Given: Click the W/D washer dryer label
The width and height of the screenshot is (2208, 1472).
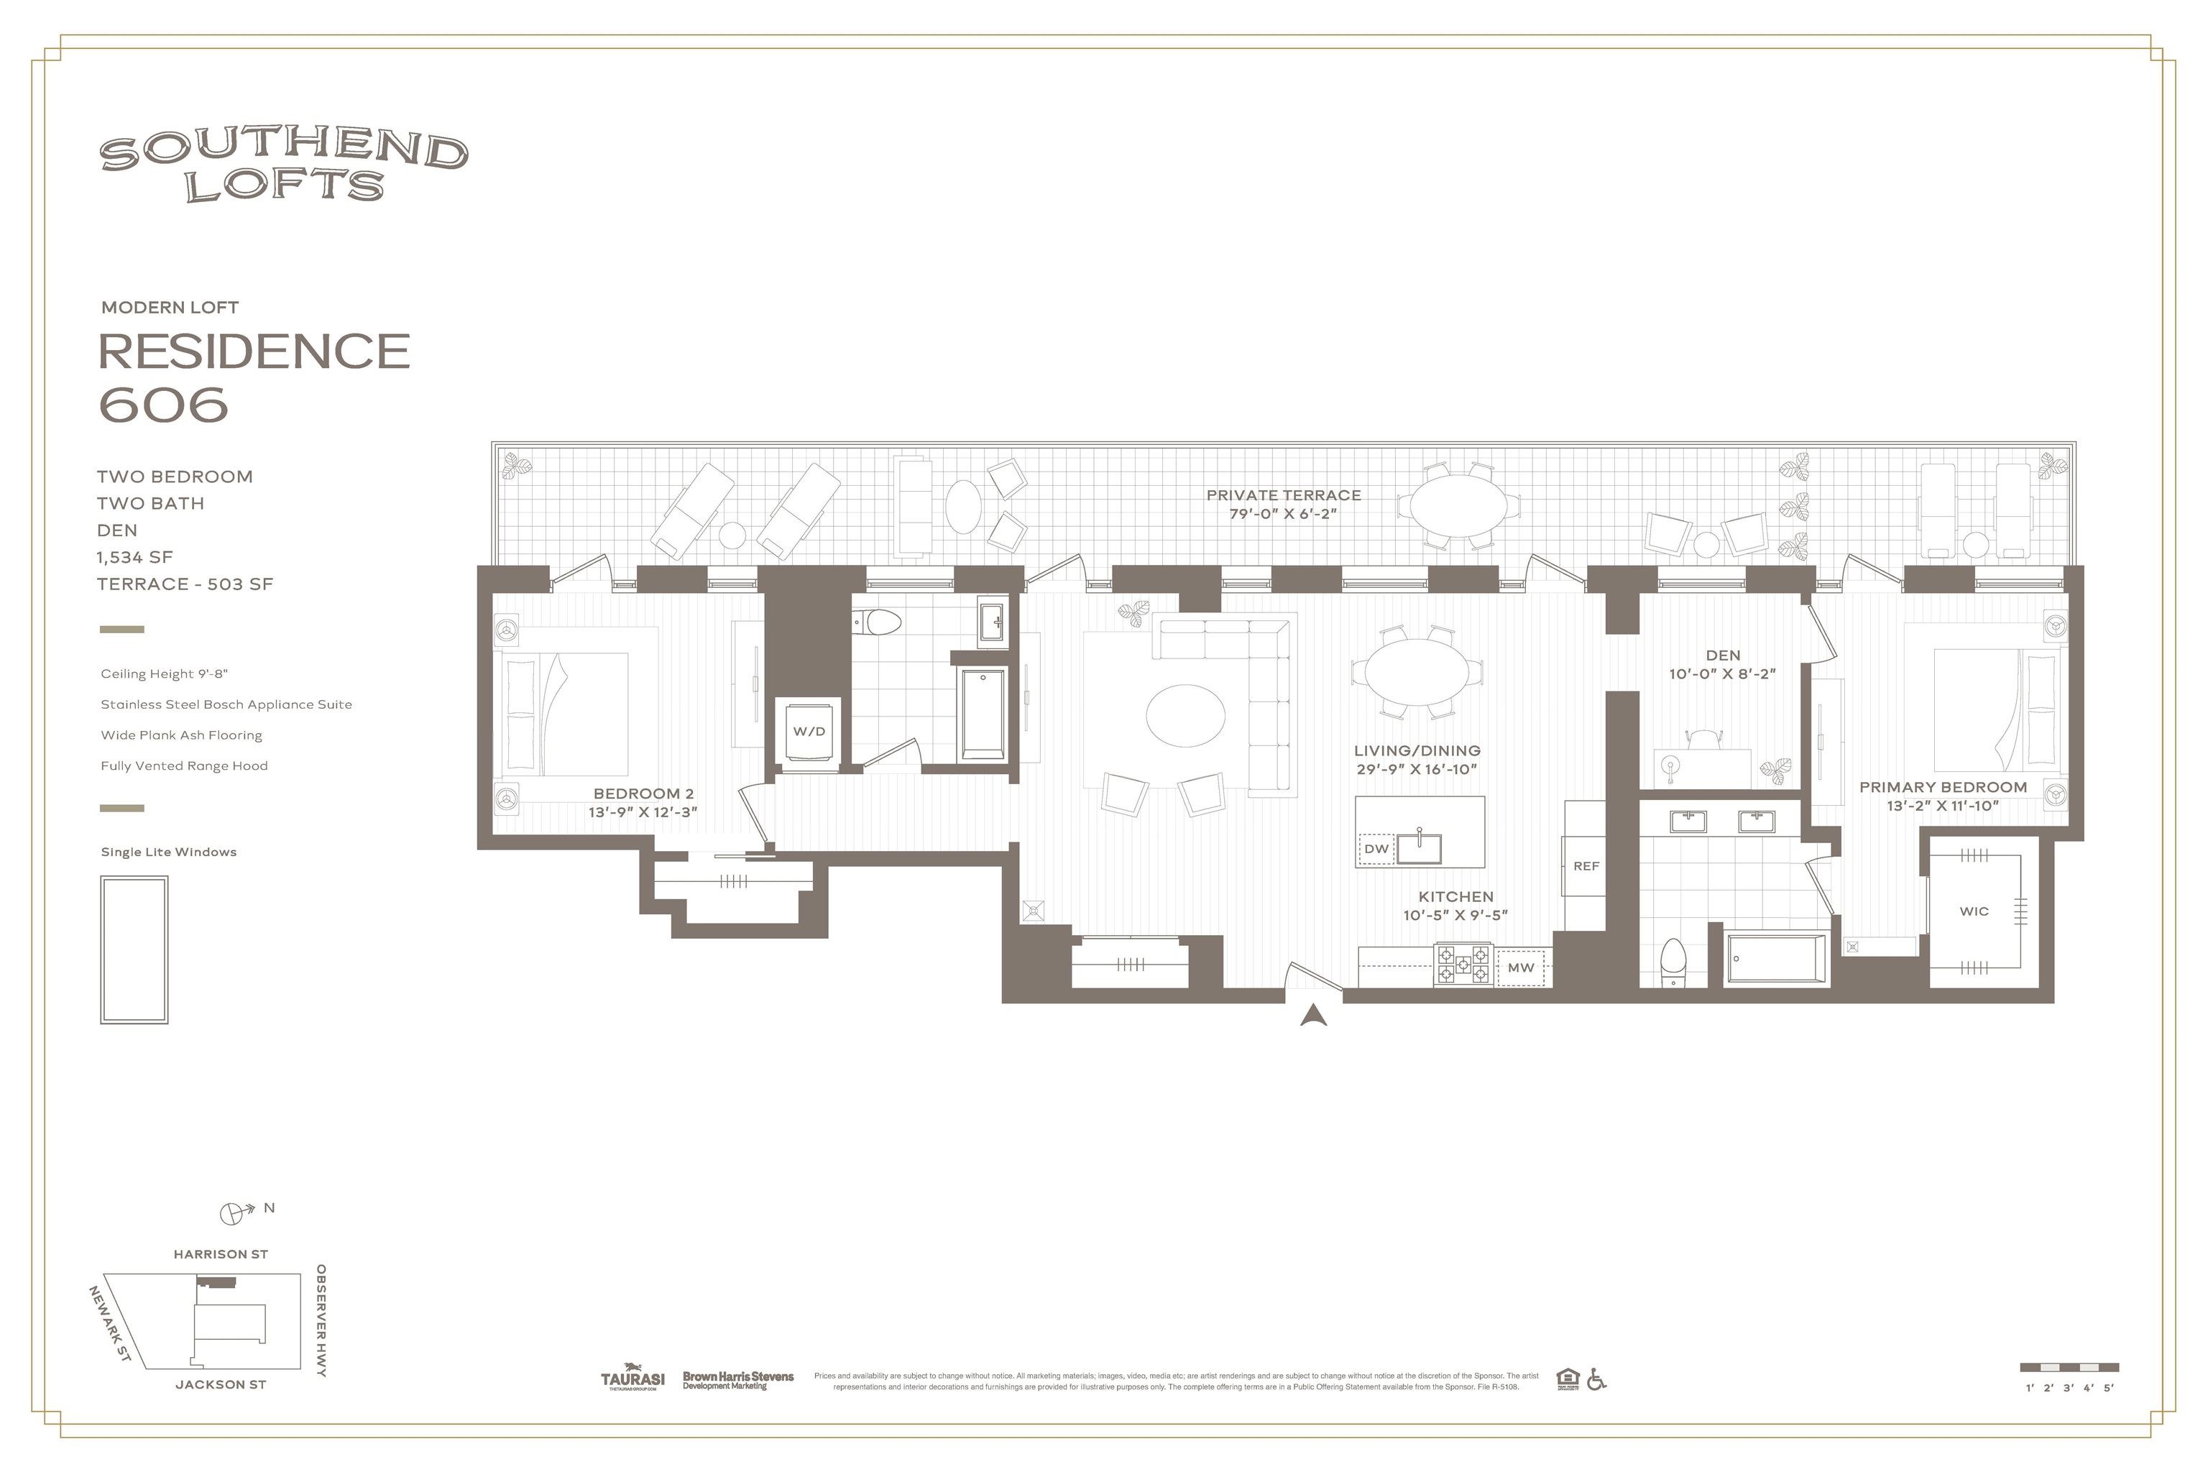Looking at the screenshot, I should click(809, 731).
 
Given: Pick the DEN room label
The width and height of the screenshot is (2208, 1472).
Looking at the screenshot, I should click(1723, 655).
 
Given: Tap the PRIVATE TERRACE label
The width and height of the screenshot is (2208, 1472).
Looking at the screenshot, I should click(1283, 494).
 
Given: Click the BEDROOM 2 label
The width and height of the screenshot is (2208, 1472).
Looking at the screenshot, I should click(643, 794).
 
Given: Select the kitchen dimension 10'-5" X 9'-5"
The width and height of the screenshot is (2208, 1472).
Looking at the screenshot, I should click(1455, 915).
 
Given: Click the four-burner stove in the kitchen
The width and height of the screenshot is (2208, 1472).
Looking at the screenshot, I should click(1463, 964).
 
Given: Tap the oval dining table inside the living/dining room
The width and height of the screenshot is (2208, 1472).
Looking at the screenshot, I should click(1417, 671).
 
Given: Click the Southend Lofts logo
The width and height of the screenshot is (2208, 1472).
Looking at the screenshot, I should click(283, 167).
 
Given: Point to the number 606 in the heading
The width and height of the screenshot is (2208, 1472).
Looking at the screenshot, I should click(165, 405).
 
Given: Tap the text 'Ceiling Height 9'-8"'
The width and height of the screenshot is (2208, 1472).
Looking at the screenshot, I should click(165, 674).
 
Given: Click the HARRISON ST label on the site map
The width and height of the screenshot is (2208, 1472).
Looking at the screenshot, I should click(221, 1254).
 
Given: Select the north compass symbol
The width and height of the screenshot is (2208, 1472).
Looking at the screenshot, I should click(232, 1214).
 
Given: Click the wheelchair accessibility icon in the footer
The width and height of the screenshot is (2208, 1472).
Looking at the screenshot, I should click(1596, 1379).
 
